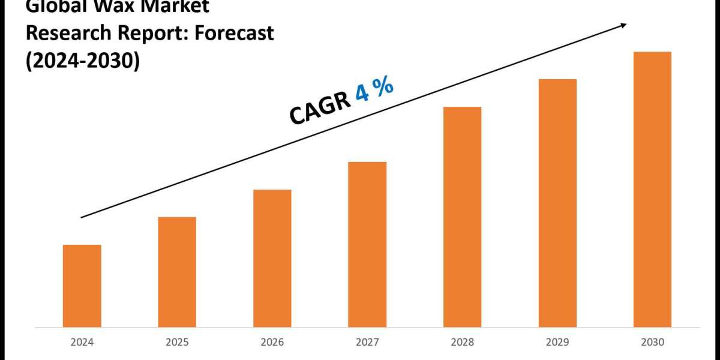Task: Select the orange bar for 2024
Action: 82,286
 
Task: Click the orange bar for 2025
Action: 177,272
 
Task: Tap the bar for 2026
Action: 272,258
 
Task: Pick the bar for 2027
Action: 367,244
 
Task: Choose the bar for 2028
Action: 462,217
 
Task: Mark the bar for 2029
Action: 557,203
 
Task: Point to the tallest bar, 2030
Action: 652,189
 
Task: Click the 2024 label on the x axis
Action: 82,343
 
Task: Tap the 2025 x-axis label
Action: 177,343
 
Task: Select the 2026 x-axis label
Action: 272,343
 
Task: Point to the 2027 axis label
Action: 367,343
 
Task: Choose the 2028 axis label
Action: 462,343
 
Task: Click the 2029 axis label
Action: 557,343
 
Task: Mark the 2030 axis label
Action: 652,343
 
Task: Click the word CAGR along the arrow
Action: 320,108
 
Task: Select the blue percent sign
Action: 385,86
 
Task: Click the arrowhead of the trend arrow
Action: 623,25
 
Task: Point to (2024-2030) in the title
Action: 82,61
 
